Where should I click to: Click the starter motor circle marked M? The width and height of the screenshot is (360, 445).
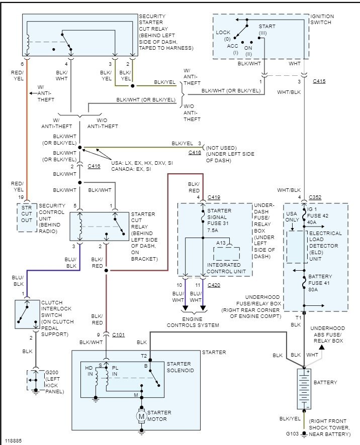(x=141, y=416)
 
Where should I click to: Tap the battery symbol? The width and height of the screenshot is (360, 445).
(x=304, y=389)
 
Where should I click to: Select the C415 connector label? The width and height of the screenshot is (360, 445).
(x=319, y=81)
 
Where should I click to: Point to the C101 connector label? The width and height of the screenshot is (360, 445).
(x=119, y=335)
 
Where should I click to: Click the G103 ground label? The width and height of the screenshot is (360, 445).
(x=292, y=434)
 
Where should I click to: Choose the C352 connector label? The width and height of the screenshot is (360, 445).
(x=315, y=197)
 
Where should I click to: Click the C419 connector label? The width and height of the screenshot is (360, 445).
(x=214, y=197)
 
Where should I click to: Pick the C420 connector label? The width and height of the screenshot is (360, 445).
(x=214, y=285)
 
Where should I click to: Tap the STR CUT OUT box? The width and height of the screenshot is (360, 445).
(x=27, y=217)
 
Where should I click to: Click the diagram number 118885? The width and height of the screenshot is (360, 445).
(x=14, y=441)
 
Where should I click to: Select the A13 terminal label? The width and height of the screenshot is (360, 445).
(x=221, y=243)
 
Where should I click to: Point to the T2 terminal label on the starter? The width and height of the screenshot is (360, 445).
(x=144, y=356)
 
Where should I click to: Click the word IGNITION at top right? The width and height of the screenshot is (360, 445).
(x=322, y=16)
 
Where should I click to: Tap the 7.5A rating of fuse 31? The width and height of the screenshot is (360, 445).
(x=213, y=230)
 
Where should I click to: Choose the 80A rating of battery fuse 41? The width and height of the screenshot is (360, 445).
(x=313, y=289)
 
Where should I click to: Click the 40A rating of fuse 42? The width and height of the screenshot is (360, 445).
(x=312, y=222)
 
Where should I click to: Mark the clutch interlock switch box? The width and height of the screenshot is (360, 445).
(x=27, y=314)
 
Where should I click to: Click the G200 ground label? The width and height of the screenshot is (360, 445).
(x=52, y=372)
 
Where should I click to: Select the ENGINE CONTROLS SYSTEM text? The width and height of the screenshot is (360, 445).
(x=193, y=322)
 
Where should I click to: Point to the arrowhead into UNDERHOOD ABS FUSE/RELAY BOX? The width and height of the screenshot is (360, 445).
(x=322, y=347)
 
